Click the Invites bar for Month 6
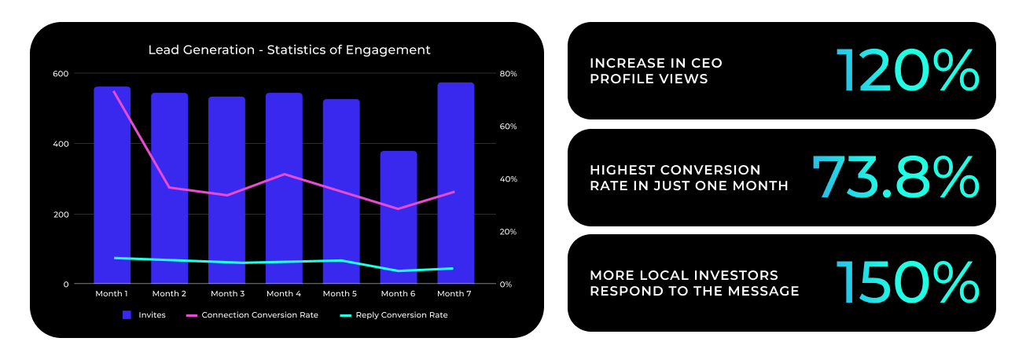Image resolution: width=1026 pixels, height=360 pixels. click(x=399, y=217)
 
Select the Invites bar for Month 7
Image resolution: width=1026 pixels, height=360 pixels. click(x=456, y=182)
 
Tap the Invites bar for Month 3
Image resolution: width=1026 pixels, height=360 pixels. click(x=226, y=190)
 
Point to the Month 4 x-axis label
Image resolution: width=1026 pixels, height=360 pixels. click(x=284, y=294)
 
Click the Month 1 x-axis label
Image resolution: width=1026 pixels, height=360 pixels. click(x=112, y=294)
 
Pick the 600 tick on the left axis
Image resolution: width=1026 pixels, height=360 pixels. click(x=61, y=74)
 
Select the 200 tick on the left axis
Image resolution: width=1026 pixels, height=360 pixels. click(x=61, y=215)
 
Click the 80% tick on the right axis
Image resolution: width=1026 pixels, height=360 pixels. click(x=508, y=74)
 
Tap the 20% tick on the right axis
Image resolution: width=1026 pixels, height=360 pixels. click(x=508, y=232)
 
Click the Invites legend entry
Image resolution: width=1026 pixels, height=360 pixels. click(x=144, y=315)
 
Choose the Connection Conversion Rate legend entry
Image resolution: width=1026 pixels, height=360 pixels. click(x=252, y=315)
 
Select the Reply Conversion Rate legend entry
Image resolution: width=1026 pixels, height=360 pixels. click(x=394, y=315)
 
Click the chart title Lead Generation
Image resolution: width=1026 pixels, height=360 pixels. click(x=201, y=50)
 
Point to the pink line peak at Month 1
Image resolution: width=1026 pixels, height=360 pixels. click(x=113, y=92)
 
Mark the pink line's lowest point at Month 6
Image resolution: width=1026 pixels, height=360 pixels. click(x=399, y=209)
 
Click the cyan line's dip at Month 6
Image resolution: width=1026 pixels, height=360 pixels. click(x=399, y=270)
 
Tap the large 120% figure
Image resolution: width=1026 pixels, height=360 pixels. click(x=907, y=71)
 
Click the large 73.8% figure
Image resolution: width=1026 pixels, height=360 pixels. click(x=895, y=177)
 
